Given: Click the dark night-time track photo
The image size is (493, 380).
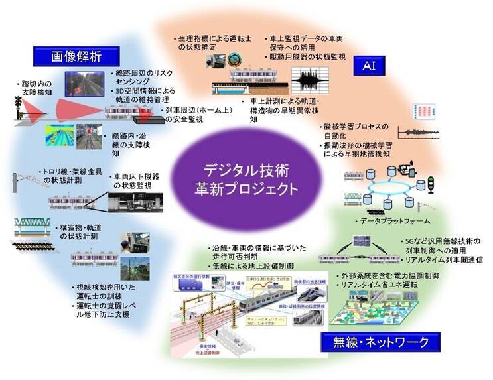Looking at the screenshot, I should pos(84,84).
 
